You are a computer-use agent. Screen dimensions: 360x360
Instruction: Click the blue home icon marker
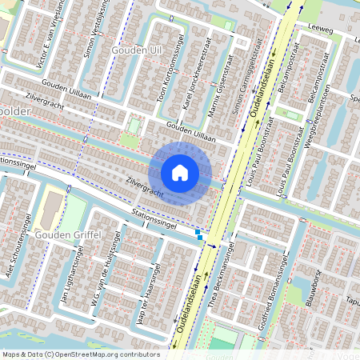180,173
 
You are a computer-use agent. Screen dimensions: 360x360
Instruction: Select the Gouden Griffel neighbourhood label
67,234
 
